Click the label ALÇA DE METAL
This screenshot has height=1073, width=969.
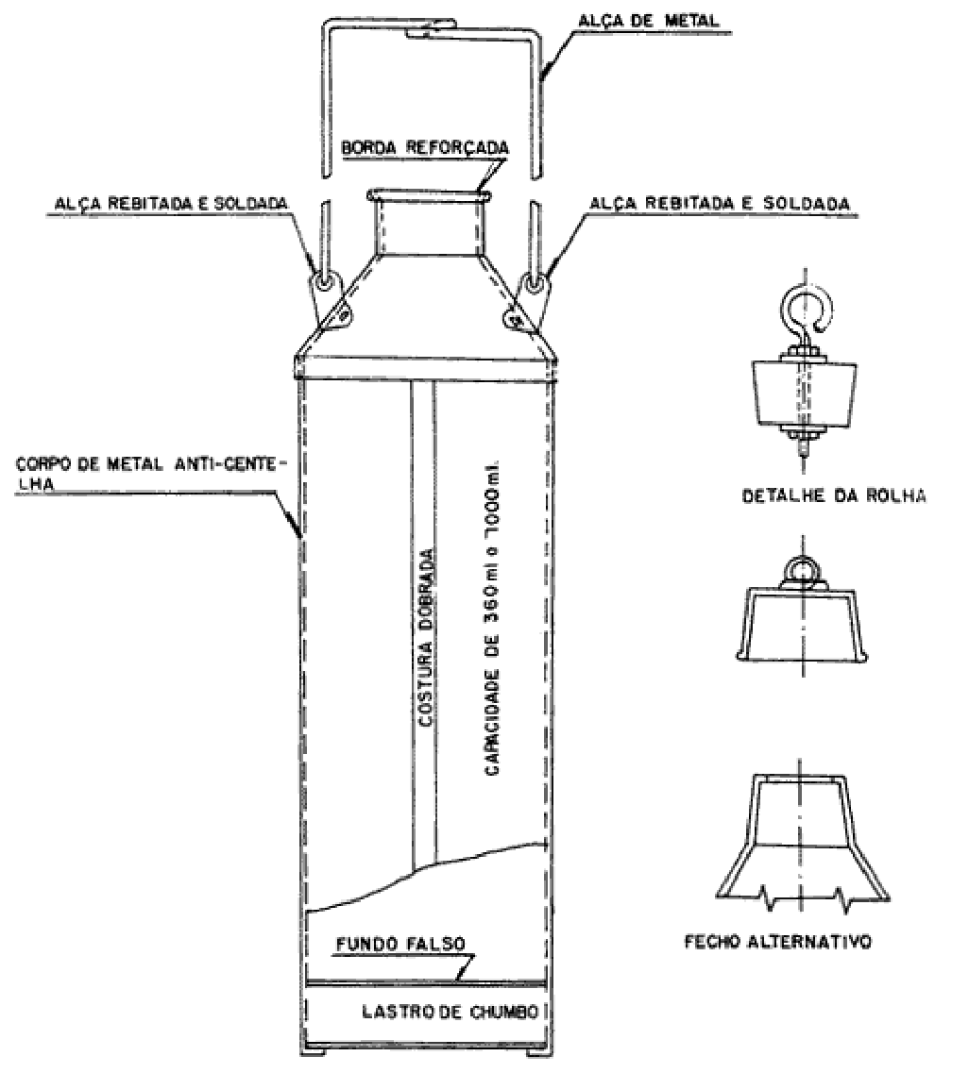pos(649,21)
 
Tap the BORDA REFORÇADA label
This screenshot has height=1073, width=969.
pos(425,148)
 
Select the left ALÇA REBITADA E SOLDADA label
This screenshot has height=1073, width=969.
pos(171,204)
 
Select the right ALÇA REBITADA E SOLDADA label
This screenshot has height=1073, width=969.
pos(720,203)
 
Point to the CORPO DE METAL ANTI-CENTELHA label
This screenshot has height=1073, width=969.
pos(148,473)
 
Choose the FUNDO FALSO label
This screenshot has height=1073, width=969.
pos(399,944)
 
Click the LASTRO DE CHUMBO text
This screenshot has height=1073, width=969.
pos(450,1012)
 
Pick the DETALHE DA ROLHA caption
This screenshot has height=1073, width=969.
pos(834,495)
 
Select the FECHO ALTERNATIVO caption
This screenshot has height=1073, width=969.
pos(778,942)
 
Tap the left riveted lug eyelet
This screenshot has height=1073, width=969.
pos(323,282)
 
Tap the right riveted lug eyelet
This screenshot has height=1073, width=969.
pos(533,282)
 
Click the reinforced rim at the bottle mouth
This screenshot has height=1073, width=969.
pos(429,196)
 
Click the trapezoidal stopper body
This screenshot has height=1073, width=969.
pos(804,393)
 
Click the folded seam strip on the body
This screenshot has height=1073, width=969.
pos(423,616)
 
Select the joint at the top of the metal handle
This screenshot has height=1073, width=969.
pos(429,28)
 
